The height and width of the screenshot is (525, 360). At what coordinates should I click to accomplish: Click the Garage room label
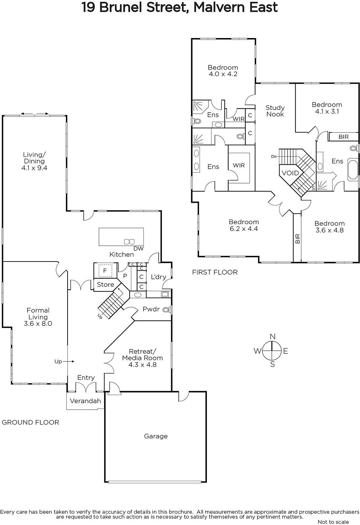coord(156,436)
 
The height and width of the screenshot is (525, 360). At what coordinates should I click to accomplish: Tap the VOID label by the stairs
coord(290,173)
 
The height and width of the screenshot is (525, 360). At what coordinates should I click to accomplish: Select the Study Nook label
coord(275,111)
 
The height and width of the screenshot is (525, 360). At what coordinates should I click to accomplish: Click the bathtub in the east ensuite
coord(353,169)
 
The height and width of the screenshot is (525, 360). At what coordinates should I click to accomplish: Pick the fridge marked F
coord(105,271)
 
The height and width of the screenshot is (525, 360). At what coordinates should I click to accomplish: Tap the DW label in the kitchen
coord(138,248)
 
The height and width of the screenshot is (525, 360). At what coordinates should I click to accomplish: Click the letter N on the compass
coord(272,337)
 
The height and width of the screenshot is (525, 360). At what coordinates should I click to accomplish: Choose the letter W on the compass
coord(257,351)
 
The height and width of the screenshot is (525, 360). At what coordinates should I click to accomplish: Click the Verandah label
coord(85,401)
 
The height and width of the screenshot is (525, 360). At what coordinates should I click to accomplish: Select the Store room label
coord(105,284)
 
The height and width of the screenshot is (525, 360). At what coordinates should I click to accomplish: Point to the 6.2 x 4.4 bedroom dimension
coord(244,228)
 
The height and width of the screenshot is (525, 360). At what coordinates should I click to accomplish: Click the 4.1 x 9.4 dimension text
coord(34,168)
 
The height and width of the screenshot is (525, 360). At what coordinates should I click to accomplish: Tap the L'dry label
coord(158,277)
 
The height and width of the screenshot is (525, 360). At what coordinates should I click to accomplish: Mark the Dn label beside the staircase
coord(274,156)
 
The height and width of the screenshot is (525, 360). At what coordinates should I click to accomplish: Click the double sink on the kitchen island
coord(129,241)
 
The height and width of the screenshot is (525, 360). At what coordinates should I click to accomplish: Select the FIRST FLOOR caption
coord(215,272)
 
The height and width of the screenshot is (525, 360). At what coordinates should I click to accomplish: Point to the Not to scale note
coord(333,522)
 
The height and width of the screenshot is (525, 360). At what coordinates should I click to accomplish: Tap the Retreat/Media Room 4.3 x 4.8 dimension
coord(142,365)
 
